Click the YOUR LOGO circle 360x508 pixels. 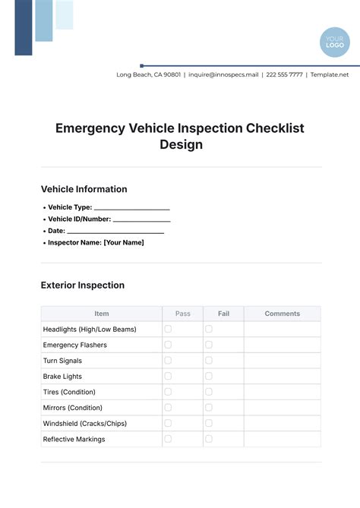coord(335,42)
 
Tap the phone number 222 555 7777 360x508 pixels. coord(286,75)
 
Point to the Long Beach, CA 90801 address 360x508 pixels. coord(149,75)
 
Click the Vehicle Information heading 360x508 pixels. coord(84,189)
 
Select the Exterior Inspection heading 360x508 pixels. coord(82,286)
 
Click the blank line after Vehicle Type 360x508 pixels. coord(131,207)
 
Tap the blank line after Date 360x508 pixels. coord(115,231)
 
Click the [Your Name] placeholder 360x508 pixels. coord(124,243)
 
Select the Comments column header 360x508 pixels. coord(282,314)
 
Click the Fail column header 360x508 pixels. coord(223,314)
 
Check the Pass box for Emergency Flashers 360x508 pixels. coord(169,345)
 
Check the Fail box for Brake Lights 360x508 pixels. coord(209,376)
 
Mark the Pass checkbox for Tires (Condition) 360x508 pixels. coord(169,392)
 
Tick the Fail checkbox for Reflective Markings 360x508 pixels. coord(209,439)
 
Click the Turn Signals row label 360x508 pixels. coord(62,361)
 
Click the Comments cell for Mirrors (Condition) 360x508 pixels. coord(282,408)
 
